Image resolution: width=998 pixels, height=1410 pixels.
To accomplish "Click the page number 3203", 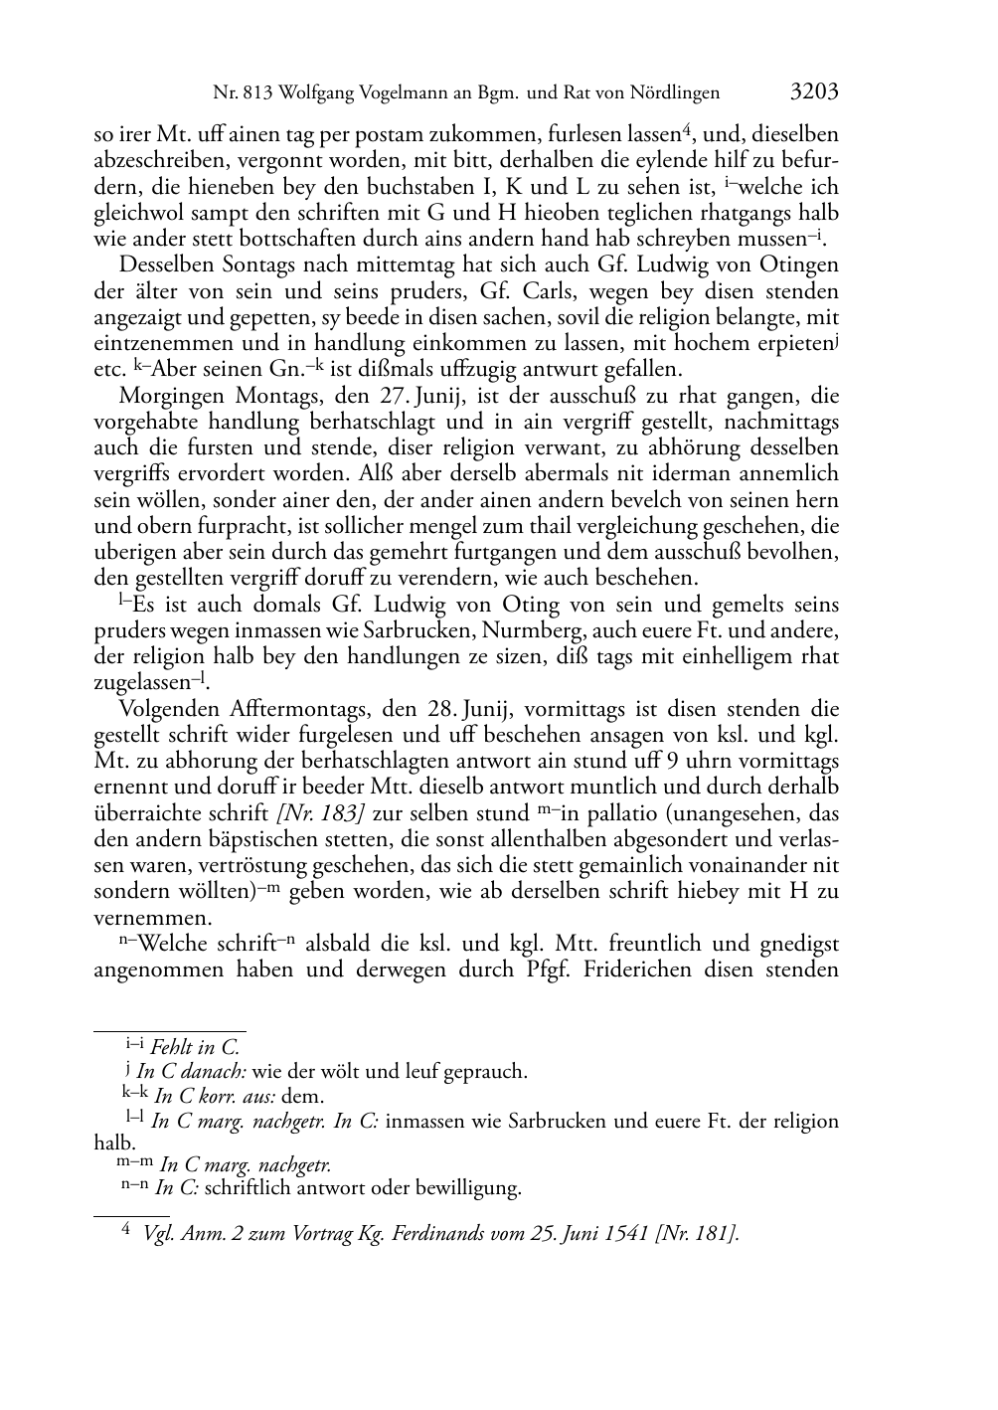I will [814, 93].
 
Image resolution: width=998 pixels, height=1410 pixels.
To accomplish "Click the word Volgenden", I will [164, 710].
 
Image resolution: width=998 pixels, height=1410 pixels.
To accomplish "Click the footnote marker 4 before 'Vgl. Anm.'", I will [126, 1232].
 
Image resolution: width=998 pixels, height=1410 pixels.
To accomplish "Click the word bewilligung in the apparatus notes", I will [468, 1187].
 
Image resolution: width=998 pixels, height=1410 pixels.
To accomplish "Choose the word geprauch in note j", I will [484, 1071].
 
